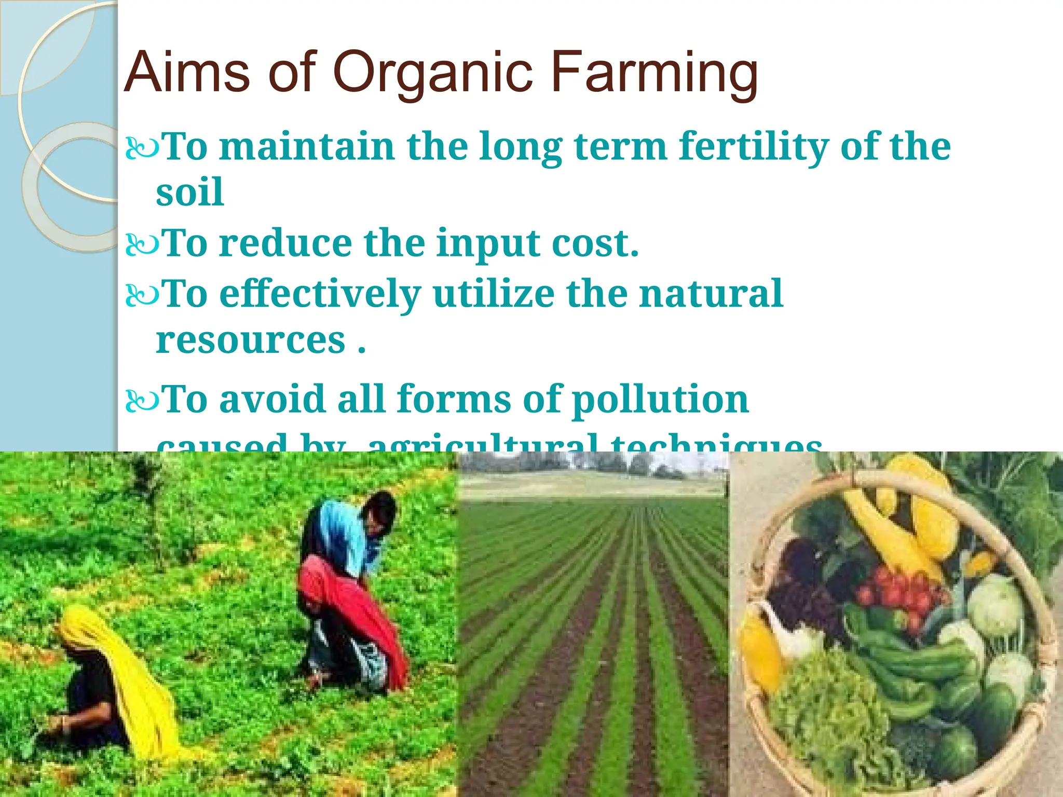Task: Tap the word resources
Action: (251, 341)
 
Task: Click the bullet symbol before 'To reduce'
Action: (141, 244)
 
